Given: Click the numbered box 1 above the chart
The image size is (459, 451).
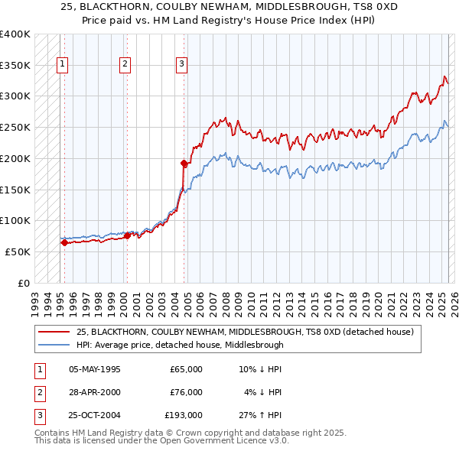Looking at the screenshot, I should [61, 64].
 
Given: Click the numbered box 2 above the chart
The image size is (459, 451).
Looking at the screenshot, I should [124, 64].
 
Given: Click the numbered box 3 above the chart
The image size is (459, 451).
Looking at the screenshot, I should [182, 64].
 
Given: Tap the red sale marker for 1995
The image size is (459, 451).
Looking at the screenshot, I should [64, 243].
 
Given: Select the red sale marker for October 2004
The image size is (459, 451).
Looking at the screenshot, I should [184, 163].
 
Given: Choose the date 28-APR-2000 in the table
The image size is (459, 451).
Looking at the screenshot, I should [94, 392].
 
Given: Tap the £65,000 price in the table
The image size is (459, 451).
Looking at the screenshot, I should [186, 369].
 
